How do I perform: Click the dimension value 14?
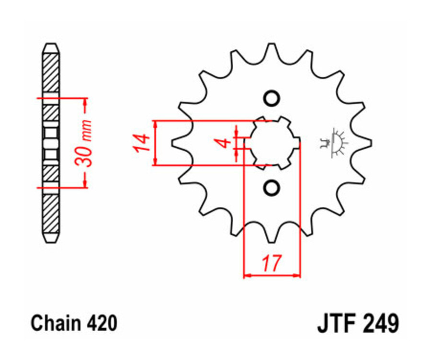coord(139,143)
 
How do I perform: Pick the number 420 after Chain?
coord(102,323)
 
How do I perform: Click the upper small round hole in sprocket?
coord(272,98)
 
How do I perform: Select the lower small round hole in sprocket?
coord(272,187)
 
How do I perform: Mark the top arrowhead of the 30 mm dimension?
coord(85,101)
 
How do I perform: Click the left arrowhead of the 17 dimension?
coord(247,275)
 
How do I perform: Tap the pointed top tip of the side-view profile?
coord(51,45)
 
